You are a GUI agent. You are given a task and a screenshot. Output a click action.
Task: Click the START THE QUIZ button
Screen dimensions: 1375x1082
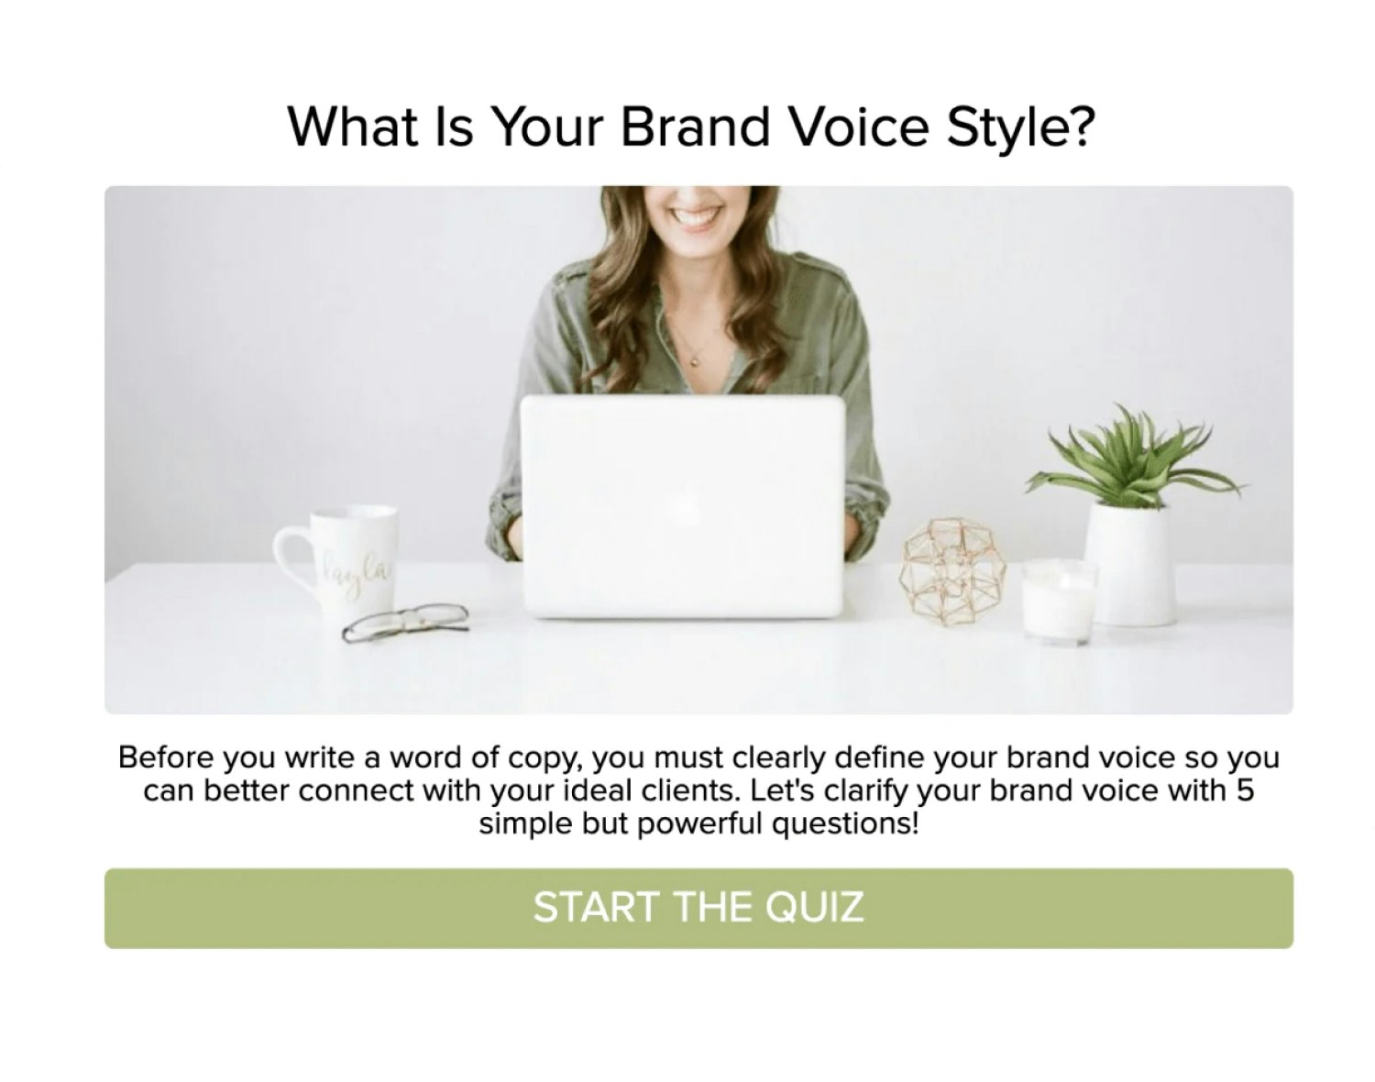click(698, 908)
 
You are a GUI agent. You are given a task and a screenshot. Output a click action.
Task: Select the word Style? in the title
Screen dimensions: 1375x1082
click(1021, 128)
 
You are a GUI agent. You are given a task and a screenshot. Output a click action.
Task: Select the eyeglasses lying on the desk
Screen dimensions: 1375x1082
click(406, 623)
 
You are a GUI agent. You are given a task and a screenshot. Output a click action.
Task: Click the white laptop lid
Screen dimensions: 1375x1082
click(682, 506)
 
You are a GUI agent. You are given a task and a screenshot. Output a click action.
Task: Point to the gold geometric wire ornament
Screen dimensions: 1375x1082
click(951, 572)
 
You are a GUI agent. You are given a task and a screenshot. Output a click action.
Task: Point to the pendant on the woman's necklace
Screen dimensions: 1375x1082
click(695, 362)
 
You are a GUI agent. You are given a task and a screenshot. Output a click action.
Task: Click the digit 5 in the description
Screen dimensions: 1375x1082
click(1244, 790)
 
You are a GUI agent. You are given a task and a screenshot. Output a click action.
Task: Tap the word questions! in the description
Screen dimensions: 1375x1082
click(845, 823)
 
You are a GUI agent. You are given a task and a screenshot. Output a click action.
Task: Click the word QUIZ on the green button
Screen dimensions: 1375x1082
click(814, 908)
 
